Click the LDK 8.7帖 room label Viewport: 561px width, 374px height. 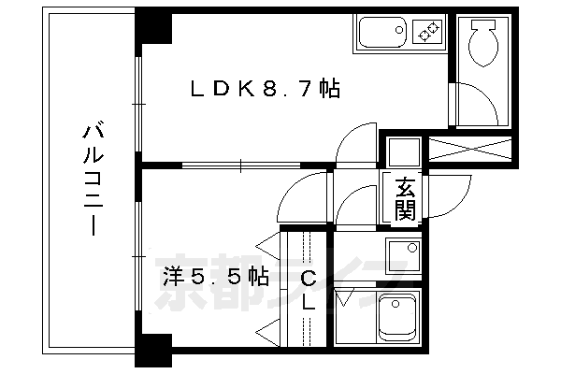point(265,90)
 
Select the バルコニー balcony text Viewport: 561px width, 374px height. point(91,180)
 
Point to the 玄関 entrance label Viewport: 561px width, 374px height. point(405,198)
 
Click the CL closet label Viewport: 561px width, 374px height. point(308,291)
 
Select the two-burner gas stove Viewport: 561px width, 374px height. point(430,33)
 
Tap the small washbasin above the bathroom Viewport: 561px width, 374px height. point(404,253)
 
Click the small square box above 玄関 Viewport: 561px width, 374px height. point(404,152)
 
